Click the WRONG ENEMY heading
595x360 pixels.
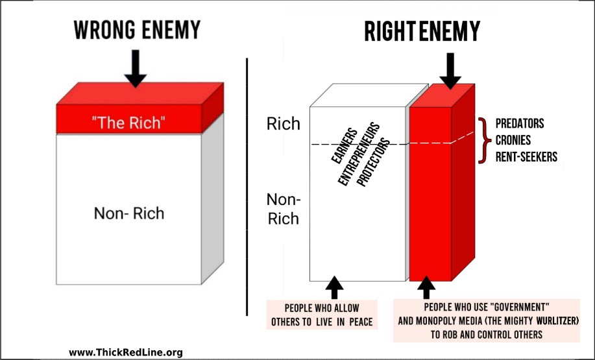137,30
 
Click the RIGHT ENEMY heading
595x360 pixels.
422,31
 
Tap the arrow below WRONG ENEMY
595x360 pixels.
135,69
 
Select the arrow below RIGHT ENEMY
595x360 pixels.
450,71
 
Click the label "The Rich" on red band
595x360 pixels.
128,123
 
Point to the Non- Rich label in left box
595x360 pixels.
129,213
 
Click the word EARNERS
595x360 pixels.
345,146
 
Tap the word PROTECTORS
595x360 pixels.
373,163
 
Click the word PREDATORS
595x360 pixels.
520,124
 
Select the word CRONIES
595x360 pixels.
513,140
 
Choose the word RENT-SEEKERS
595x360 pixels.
526,157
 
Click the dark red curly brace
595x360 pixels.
482,140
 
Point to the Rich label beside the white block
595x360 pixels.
284,124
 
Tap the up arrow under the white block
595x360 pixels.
334,287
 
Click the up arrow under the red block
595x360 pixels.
426,287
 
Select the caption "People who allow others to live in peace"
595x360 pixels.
322,315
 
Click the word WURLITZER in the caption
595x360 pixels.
557,321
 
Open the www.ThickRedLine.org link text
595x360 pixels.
126,352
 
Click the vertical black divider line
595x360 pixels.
247,187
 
